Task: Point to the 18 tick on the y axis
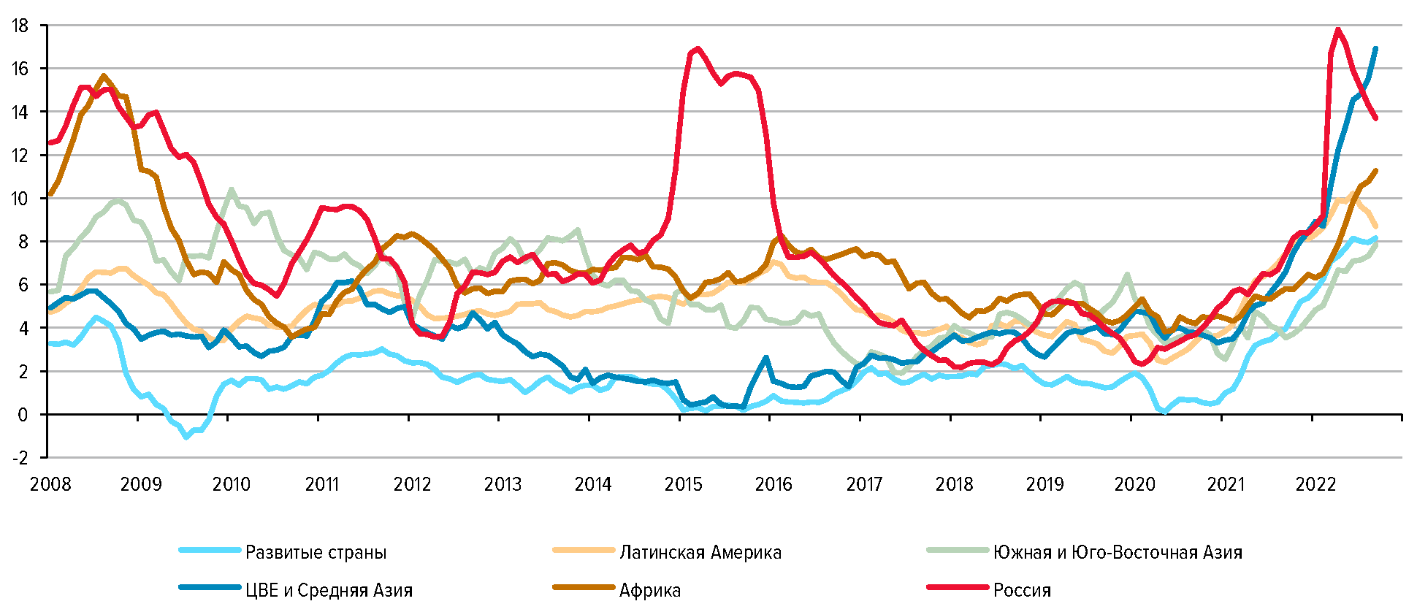click(x=20, y=26)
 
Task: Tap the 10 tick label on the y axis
click(x=20, y=199)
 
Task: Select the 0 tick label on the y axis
click(x=23, y=415)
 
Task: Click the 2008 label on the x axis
click(x=50, y=484)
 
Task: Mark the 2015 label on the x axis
click(x=683, y=484)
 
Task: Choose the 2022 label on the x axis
click(x=1315, y=484)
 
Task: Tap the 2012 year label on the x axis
click(x=412, y=484)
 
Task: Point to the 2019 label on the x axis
click(x=1044, y=484)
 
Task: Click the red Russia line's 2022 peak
click(x=1337, y=29)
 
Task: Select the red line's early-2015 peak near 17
click(x=698, y=49)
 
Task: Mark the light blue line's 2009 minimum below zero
click(x=186, y=437)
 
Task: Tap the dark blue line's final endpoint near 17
click(x=1375, y=49)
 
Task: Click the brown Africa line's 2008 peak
click(x=104, y=75)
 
